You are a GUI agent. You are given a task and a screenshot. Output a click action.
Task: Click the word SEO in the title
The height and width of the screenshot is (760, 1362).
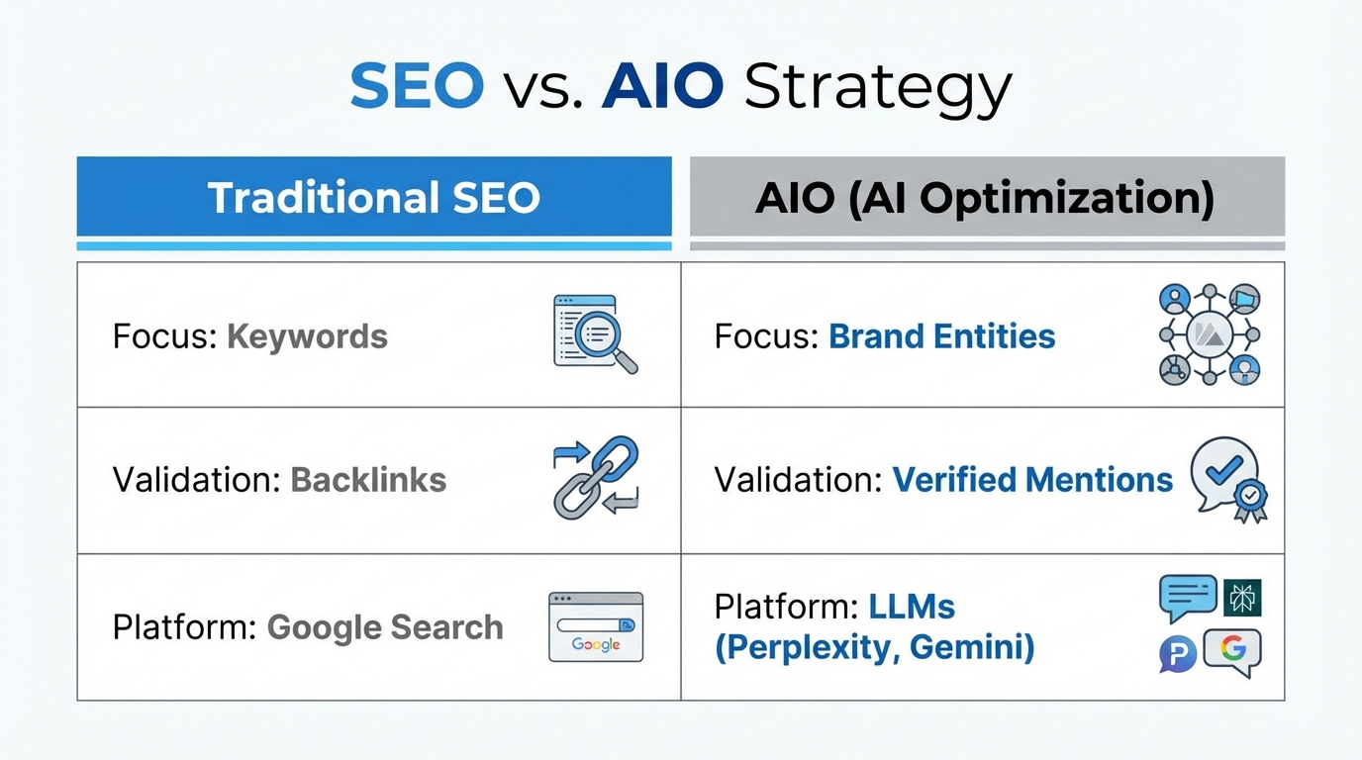(x=417, y=87)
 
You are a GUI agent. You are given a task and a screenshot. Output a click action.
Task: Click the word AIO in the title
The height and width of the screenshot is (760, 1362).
(x=662, y=87)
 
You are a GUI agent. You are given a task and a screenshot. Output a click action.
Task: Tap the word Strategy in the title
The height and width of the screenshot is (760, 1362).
(x=877, y=89)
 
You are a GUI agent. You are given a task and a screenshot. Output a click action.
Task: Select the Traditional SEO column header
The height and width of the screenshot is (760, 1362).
(x=373, y=197)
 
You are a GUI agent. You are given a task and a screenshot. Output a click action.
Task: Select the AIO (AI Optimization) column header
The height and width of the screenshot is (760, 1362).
(x=985, y=197)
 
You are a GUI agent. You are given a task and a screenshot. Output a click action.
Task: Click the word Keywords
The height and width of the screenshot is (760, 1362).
(x=307, y=336)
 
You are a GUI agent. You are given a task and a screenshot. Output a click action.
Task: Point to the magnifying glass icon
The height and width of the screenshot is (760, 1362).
(x=596, y=334)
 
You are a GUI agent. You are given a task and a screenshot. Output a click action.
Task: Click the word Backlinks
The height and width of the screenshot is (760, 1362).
(x=368, y=480)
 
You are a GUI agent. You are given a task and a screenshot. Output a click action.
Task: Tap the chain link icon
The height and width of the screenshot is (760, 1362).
(x=596, y=478)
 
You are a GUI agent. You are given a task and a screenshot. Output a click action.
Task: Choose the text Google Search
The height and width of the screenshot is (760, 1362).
(x=385, y=627)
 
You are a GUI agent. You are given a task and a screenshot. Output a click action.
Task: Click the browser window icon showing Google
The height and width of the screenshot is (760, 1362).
(x=596, y=626)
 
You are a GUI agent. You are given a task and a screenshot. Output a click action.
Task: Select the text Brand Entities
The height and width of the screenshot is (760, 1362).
(x=941, y=336)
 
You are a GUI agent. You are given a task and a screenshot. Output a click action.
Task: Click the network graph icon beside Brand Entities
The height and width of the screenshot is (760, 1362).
(x=1209, y=334)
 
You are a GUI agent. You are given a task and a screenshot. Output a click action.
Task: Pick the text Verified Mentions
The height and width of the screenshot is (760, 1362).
(x=1032, y=480)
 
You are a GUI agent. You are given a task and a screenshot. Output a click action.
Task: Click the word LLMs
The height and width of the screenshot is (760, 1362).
(x=912, y=606)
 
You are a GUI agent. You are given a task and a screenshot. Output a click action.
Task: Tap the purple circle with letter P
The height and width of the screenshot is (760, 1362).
(x=1178, y=654)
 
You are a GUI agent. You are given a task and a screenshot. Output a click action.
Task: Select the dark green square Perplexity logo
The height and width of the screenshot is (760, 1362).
(x=1242, y=598)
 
